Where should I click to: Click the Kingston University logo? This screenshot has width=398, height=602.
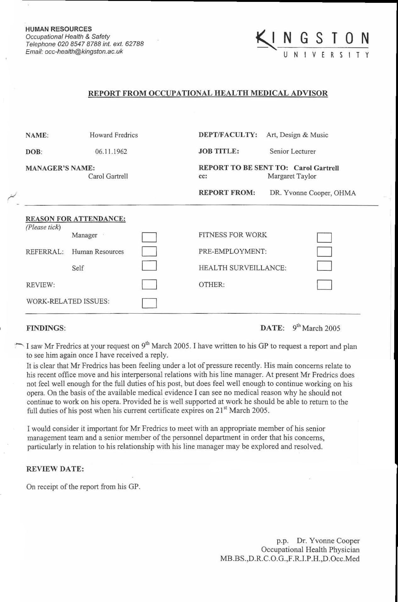tap(312, 44)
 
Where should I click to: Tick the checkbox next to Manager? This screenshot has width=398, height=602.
tap(149, 237)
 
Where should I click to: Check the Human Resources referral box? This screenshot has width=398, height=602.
tap(149, 252)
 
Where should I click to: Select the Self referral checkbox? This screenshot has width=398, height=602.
tap(149, 266)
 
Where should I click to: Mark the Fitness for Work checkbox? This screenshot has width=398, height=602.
tap(324, 237)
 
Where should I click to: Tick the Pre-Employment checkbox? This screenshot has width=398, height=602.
tap(324, 252)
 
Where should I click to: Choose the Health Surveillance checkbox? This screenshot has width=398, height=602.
tap(324, 266)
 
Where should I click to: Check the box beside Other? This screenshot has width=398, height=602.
tap(324, 285)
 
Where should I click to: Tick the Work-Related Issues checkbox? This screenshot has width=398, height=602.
tap(149, 303)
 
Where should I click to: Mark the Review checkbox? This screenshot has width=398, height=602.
tap(149, 285)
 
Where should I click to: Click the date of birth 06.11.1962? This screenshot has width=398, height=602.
tap(111, 152)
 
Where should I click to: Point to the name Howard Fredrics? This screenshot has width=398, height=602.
tap(113, 135)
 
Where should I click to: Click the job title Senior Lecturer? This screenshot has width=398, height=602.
tap(292, 151)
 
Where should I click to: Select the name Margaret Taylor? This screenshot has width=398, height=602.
tap(292, 176)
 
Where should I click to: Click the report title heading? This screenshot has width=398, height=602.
tap(208, 93)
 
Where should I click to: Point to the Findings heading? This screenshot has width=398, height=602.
tap(46, 328)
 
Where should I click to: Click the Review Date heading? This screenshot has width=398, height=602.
tap(55, 469)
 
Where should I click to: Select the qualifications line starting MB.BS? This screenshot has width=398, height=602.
tap(290, 559)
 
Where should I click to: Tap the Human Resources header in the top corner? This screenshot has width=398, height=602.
tap(59, 29)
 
